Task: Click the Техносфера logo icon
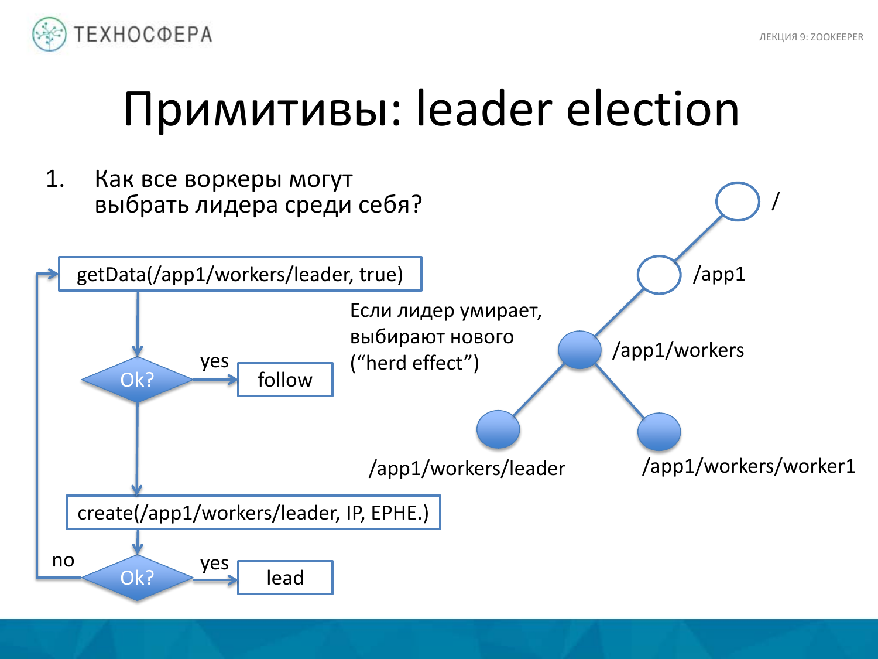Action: (x=49, y=34)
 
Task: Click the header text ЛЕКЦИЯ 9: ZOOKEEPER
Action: (x=811, y=37)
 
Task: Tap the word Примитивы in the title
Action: (x=255, y=110)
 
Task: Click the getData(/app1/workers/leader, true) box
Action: (x=240, y=274)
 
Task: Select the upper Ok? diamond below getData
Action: (x=137, y=380)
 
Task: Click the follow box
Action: (x=285, y=380)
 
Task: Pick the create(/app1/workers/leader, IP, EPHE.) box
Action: (x=253, y=513)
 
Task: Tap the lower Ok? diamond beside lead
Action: (x=137, y=578)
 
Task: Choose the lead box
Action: (x=285, y=578)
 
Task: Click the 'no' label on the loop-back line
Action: (x=63, y=561)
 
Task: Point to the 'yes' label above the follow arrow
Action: (x=214, y=361)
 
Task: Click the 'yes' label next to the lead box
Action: (x=214, y=563)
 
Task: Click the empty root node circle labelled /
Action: (x=737, y=202)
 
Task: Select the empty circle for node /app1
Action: (x=658, y=274)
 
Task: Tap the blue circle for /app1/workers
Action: (x=579, y=350)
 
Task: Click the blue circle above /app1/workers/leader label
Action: (x=498, y=429)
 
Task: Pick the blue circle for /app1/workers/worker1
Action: (x=658, y=432)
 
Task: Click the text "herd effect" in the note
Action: (x=414, y=363)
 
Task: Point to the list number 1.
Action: (x=55, y=179)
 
